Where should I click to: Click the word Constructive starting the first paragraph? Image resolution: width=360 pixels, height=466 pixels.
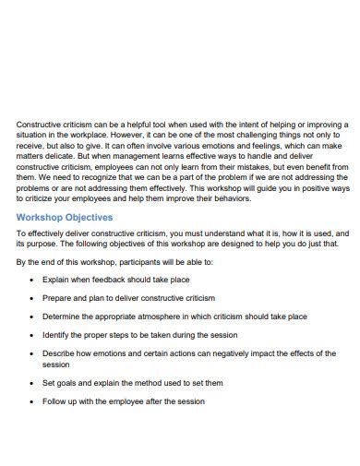click(41, 123)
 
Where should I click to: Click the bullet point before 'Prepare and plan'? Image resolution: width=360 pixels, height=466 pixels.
click(33, 298)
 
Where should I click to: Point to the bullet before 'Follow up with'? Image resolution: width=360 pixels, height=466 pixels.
click(33, 401)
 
